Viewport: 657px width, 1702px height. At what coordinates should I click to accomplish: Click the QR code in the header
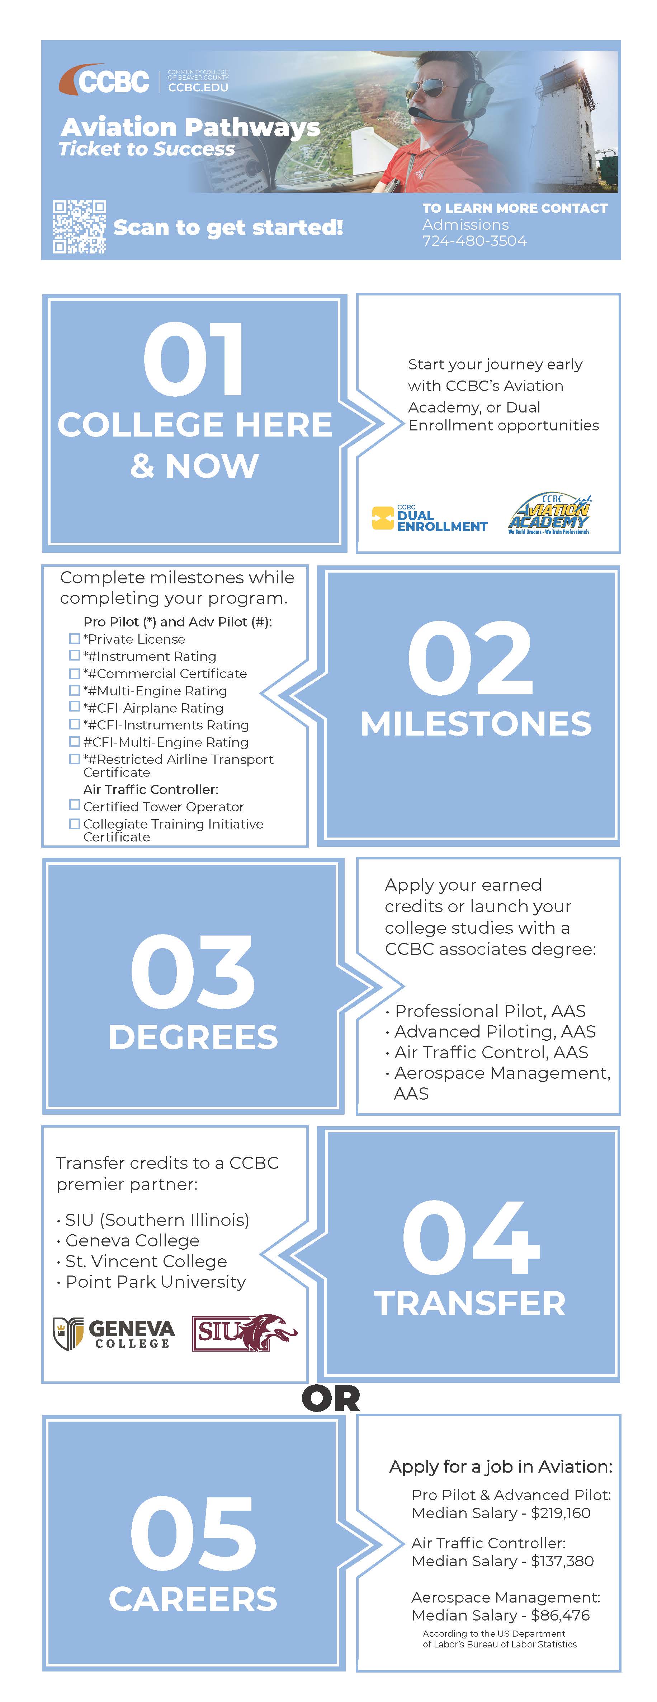pyautogui.click(x=79, y=227)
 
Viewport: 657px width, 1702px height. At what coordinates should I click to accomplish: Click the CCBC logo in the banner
pyautogui.click(x=106, y=81)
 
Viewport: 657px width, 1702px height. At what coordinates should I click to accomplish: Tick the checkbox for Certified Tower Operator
pyautogui.click(x=75, y=806)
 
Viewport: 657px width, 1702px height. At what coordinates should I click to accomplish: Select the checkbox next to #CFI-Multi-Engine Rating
pyautogui.click(x=75, y=741)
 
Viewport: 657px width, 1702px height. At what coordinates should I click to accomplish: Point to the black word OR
pyautogui.click(x=331, y=1398)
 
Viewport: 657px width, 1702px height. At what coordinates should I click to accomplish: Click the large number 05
pyautogui.click(x=193, y=1533)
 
